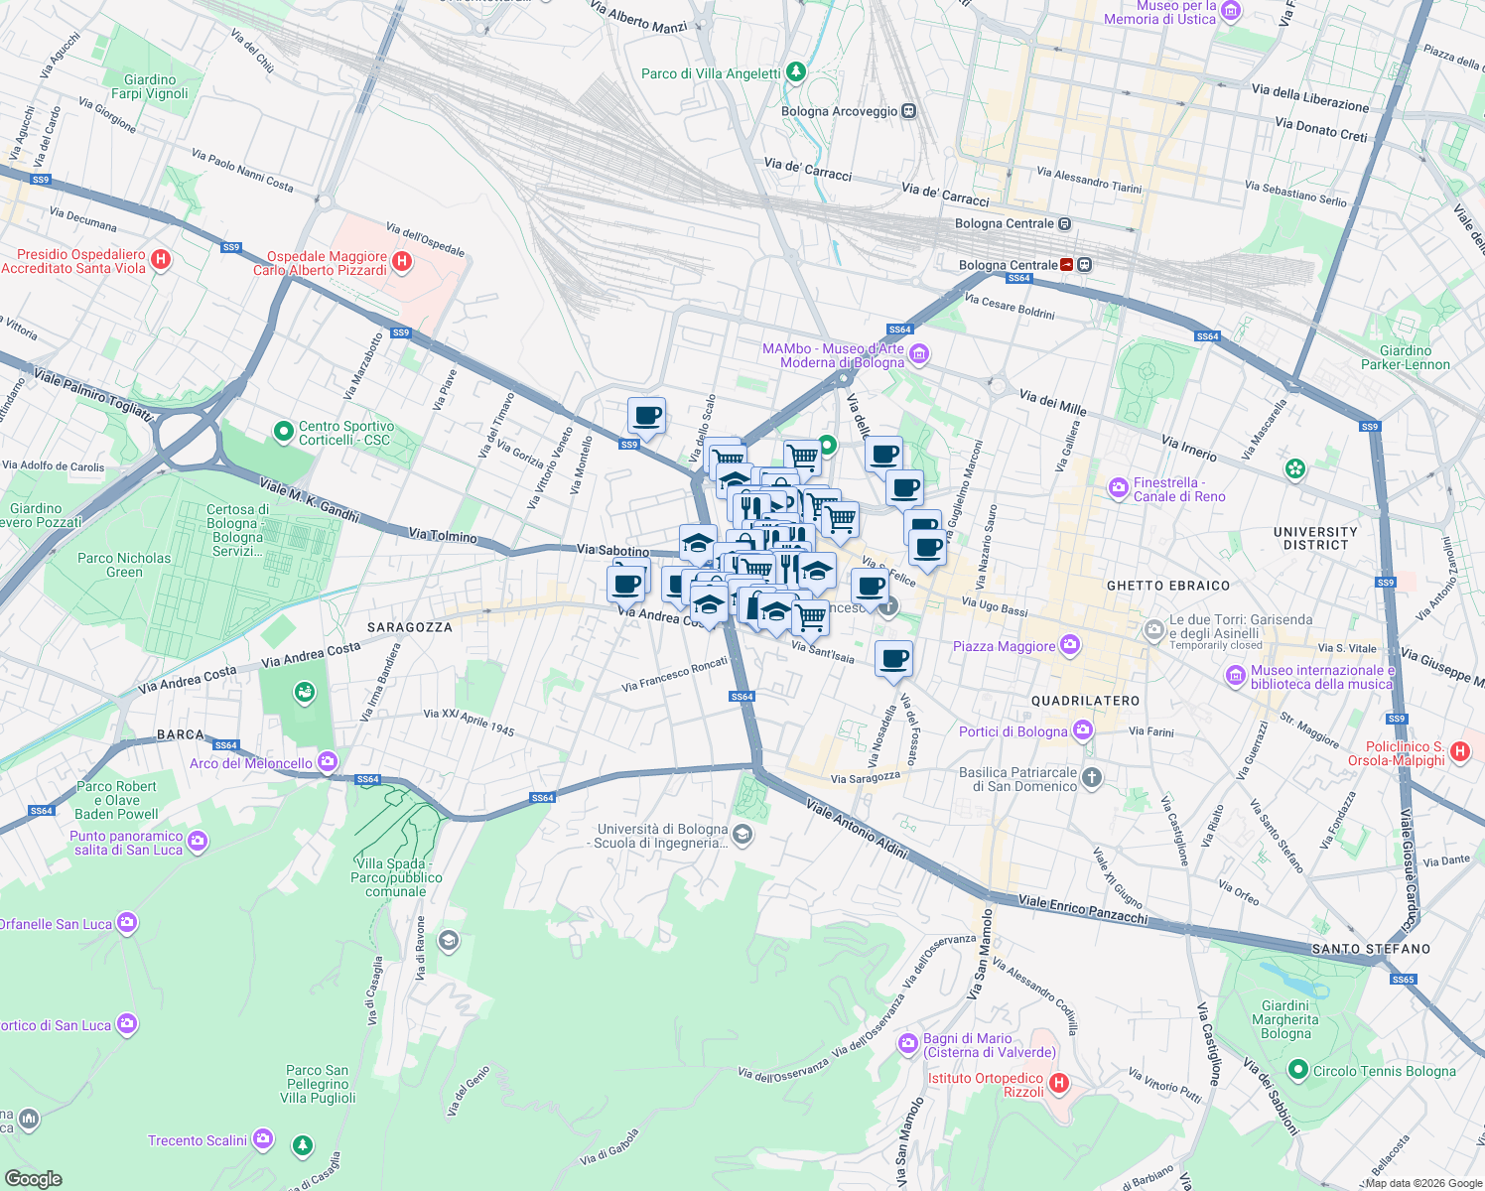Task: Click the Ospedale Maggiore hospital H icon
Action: [402, 262]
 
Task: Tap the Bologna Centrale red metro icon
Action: [1067, 265]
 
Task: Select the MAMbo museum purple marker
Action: [919, 354]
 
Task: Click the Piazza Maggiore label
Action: [1004, 646]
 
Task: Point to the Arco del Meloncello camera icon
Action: [328, 762]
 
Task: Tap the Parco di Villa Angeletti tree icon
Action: [795, 72]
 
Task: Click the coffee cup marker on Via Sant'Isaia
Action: [893, 658]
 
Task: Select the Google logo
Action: [34, 1178]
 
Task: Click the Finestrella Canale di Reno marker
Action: [1119, 487]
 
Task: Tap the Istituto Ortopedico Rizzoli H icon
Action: [1059, 1083]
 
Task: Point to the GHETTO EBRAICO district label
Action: [1167, 586]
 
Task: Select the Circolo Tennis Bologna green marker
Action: [1297, 1070]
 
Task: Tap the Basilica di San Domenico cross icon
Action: [1092, 777]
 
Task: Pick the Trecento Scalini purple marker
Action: [262, 1138]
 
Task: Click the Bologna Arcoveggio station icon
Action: [908, 111]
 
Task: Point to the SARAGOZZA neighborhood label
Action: [409, 627]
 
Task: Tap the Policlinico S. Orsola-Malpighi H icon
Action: [1459, 751]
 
